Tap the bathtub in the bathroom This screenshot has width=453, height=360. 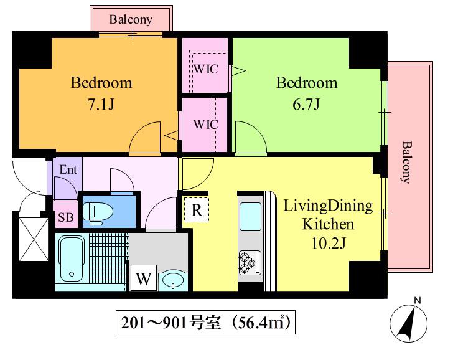click(x=72, y=258)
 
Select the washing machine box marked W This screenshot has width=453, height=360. click(x=144, y=278)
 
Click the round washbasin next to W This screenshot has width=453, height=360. click(x=173, y=280)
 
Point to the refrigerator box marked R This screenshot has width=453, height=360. click(x=197, y=210)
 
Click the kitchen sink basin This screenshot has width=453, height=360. click(x=250, y=217)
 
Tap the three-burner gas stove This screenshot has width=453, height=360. click(x=250, y=263)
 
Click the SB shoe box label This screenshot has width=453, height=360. click(x=66, y=217)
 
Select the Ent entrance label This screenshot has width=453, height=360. click(x=68, y=169)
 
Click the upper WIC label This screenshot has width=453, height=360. click(x=206, y=69)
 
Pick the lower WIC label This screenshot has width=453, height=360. click(x=206, y=125)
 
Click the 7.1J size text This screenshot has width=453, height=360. click(x=101, y=104)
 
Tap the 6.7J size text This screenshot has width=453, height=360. click(x=306, y=104)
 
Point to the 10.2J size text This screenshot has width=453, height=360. click(x=329, y=243)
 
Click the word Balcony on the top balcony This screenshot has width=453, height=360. click(x=131, y=20)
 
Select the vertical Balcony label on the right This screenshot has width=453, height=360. click(x=407, y=162)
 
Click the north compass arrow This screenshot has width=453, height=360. click(x=408, y=323)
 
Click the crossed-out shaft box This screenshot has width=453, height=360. click(x=34, y=239)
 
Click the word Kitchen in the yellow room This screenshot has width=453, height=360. click(x=328, y=224)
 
